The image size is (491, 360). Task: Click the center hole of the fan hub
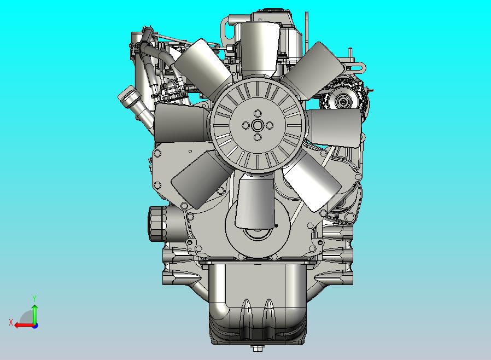(258, 126)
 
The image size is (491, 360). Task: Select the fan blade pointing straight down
(255, 201)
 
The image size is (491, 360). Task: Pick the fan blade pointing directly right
(335, 127)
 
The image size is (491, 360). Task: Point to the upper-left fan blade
(203, 68)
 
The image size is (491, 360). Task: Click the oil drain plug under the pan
(258, 348)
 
